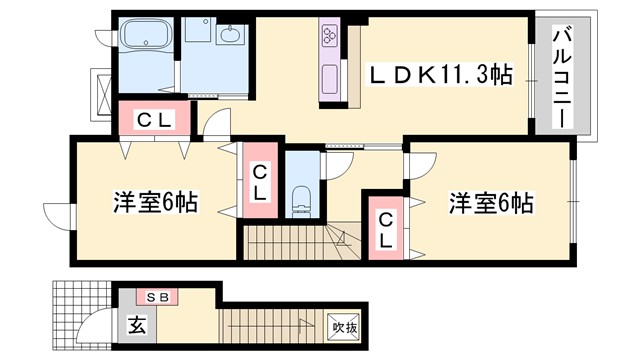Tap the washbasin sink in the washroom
[x=229, y=37]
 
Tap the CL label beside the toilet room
[x=259, y=181]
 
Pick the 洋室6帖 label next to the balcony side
[x=490, y=204]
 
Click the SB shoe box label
[x=157, y=297]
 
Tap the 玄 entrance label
[x=135, y=325]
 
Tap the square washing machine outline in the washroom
[x=198, y=36]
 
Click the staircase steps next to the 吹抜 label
[x=275, y=324]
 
